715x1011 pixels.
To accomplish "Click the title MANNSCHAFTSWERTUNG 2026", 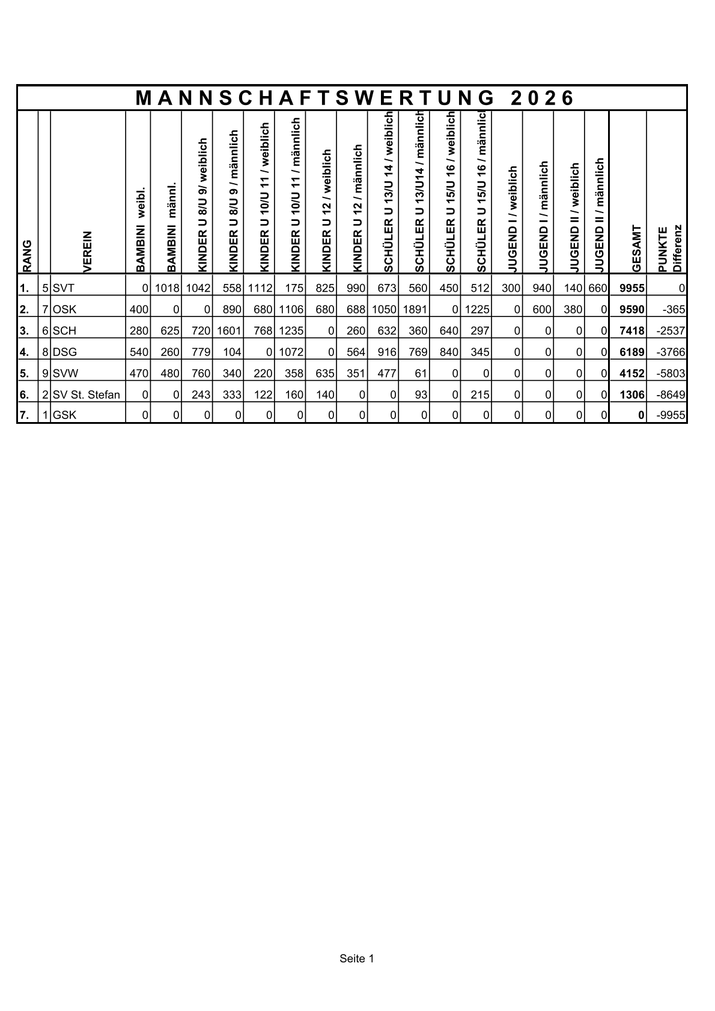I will pos(355,98).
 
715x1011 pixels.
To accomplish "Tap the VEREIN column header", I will pos(88,252).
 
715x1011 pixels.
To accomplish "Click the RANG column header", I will pos(27,256).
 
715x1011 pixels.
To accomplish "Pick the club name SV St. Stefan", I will pos(87,395).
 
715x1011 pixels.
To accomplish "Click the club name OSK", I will pos(65,310).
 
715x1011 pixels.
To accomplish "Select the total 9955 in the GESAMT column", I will pos(632,288).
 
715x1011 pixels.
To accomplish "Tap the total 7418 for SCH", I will pos(632,331).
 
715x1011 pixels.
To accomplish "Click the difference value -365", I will pos(673,310).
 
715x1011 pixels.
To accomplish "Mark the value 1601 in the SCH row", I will pos(229,331).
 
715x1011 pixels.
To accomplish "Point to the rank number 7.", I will pos(24,415).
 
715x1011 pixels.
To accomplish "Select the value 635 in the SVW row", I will pos(323,373).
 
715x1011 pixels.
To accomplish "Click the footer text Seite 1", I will pos(357,959).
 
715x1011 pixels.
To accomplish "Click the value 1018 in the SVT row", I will pos(167,288).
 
